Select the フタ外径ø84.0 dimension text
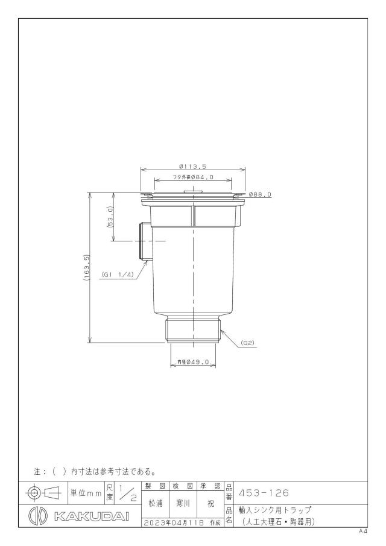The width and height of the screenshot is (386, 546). click(x=193, y=177)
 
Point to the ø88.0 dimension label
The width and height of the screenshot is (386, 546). click(x=260, y=195)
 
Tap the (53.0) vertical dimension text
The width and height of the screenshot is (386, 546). click(x=110, y=217)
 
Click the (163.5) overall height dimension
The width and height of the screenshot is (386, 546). click(x=87, y=268)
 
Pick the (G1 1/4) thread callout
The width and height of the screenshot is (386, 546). click(x=118, y=275)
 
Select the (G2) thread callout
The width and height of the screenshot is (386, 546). click(x=248, y=343)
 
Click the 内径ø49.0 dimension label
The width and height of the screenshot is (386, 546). click(x=193, y=362)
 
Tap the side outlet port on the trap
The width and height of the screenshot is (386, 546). click(x=145, y=241)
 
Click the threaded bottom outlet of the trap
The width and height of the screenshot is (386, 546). click(x=193, y=330)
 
